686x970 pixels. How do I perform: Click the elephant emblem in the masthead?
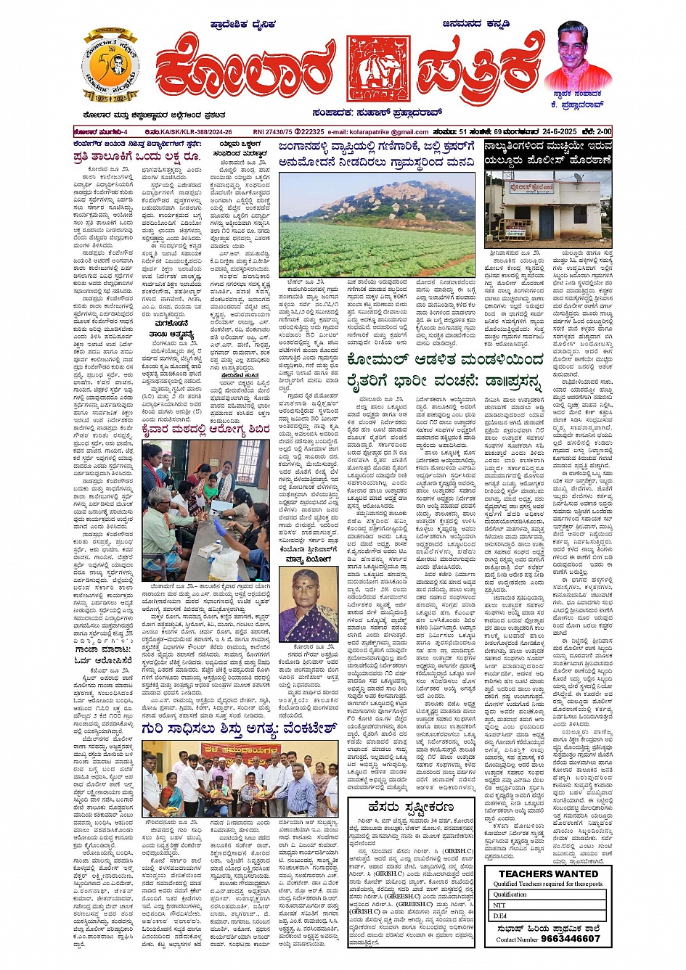tap(373, 67)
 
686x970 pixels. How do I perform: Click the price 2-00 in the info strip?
tap(603, 131)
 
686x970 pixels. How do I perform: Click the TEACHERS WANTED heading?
tap(548, 874)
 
